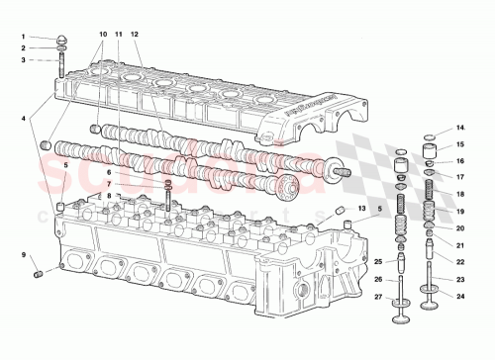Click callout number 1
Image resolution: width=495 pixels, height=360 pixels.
(22, 37)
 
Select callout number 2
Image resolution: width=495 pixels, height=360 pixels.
(22, 47)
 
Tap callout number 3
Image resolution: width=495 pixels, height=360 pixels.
(22, 59)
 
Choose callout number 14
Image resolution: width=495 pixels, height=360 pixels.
(460, 128)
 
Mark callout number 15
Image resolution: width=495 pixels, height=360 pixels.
(460, 144)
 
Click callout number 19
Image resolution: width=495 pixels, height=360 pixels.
(460, 212)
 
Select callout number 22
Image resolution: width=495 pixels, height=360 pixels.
(460, 261)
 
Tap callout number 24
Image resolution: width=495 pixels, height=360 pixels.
(460, 295)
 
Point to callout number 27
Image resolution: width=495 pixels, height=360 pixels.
(377, 295)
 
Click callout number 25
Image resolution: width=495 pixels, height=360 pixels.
(377, 261)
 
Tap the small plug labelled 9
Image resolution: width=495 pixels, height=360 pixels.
(40, 272)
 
